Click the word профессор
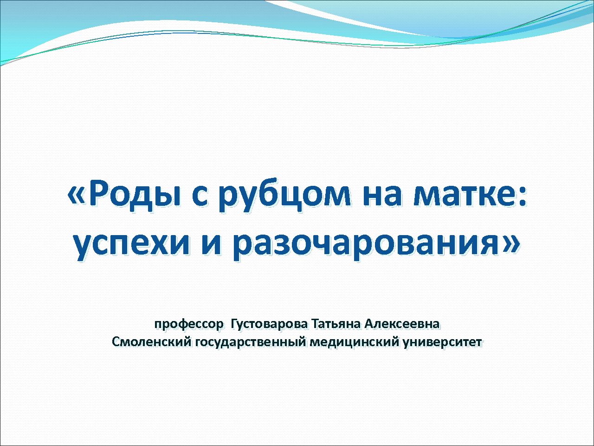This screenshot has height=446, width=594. [x=189, y=324]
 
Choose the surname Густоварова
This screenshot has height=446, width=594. [x=269, y=324]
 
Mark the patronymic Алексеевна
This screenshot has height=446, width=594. [x=402, y=324]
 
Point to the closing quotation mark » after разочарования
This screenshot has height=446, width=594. [x=510, y=243]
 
